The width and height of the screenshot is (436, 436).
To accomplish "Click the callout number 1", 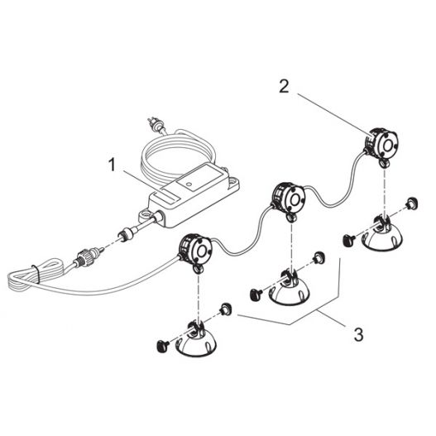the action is tap(112, 165).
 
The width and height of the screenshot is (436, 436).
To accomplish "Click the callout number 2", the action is tap(284, 87).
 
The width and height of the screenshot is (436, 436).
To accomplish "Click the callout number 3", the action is tap(358, 334).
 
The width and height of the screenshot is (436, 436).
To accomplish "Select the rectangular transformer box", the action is tap(189, 196).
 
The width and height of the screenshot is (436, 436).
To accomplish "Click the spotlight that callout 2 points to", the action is tap(381, 144).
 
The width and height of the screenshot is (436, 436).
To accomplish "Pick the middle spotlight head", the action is tap(288, 199).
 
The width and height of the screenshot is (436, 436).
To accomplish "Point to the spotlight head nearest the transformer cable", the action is tap(195, 250).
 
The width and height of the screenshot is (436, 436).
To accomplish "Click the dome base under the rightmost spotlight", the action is tap(381, 235).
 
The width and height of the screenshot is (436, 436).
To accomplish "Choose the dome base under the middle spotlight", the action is tap(289, 290).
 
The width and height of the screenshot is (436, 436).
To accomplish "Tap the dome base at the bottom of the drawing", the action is tap(196, 341).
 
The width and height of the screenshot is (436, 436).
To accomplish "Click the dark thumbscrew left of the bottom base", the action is tap(163, 346).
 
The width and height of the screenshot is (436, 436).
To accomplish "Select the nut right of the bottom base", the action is tap(226, 309).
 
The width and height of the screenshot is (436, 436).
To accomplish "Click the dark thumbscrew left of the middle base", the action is tap(256, 295).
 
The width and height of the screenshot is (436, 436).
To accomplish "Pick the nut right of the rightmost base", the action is tap(412, 204).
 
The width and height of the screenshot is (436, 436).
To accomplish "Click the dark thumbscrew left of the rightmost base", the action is tap(348, 239).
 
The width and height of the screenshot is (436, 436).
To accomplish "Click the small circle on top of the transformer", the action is tap(189, 184).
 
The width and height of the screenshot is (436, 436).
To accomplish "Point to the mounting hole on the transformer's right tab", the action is tap(232, 180).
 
